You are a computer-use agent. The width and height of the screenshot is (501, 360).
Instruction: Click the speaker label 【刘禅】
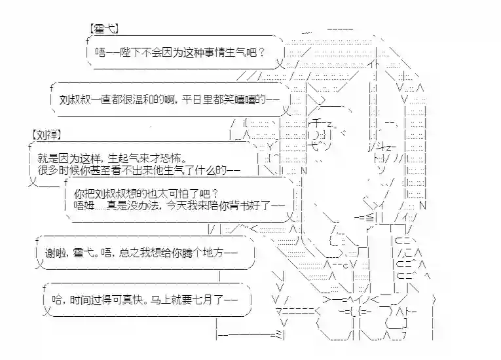click(46, 134)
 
